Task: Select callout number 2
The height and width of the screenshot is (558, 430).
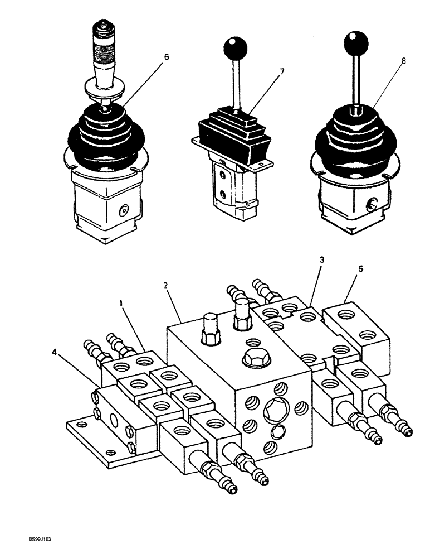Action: pos(165,286)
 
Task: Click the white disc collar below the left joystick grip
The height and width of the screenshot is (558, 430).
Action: pos(104,89)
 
